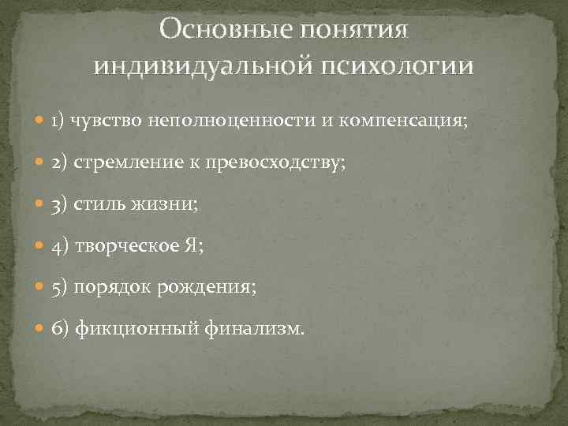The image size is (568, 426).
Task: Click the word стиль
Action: [x=99, y=204]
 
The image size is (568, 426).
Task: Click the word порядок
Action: [x=110, y=288]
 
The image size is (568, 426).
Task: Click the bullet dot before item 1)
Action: [x=40, y=121]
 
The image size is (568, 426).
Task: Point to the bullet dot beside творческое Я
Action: [x=40, y=246]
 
